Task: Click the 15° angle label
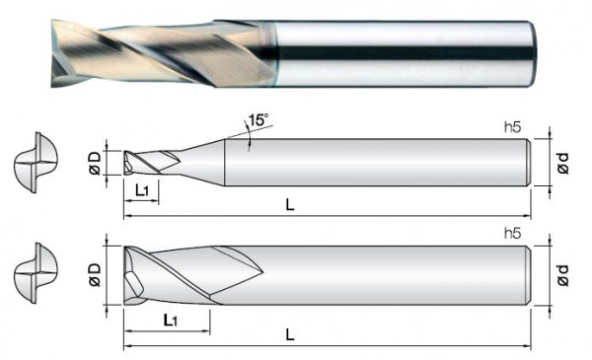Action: [x=259, y=121]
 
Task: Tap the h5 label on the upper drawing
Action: [x=512, y=128]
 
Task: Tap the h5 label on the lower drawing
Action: [x=512, y=234]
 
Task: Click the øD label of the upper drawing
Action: [x=95, y=163]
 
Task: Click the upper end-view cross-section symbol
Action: [x=32, y=162]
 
